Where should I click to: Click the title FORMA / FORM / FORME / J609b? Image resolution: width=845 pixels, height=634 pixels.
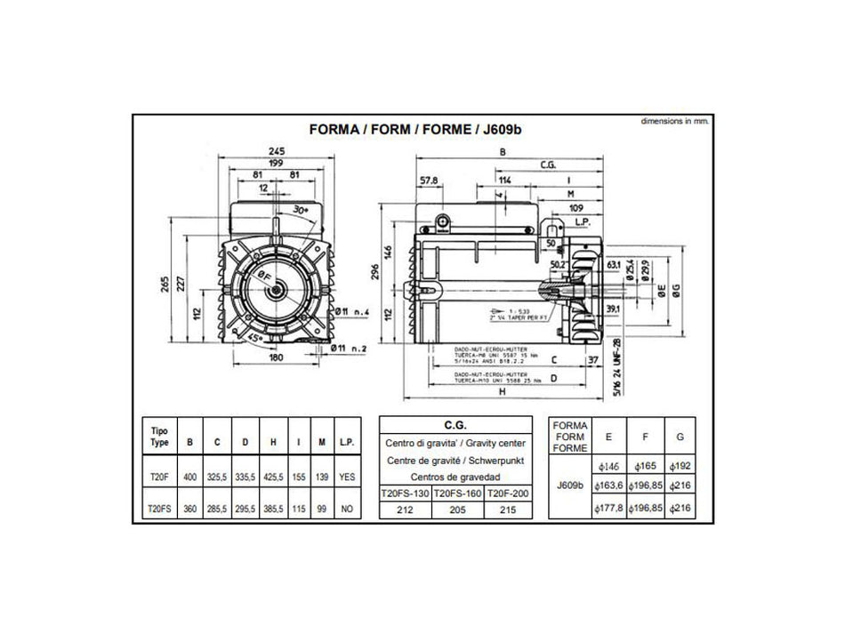tap(414, 128)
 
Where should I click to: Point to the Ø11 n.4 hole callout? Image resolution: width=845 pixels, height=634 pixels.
tap(354, 313)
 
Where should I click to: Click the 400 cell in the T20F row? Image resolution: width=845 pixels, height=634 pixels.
tap(189, 478)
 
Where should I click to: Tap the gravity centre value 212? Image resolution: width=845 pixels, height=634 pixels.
tap(406, 510)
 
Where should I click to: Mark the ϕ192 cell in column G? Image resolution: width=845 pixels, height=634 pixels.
tap(680, 464)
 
